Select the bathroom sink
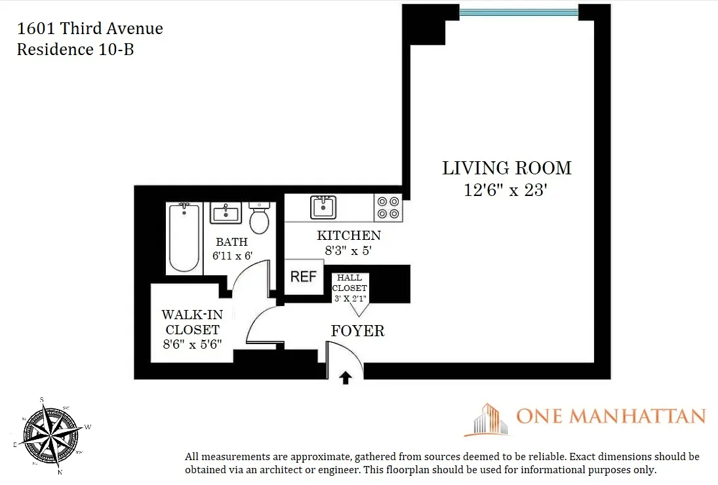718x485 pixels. tap(226, 213)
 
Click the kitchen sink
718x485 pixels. tap(323, 207)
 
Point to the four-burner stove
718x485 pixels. tap(388, 207)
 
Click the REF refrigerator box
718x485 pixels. tap(304, 276)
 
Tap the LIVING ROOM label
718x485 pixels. tap(507, 168)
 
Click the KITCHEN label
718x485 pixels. tap(348, 235)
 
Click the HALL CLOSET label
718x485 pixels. tap(349, 282)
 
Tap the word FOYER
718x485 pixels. tap(357, 331)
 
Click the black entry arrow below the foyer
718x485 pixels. tap(346, 378)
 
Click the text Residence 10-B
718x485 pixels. tap(75, 49)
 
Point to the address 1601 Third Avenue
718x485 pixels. tap(90, 29)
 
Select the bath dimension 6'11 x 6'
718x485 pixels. tap(233, 256)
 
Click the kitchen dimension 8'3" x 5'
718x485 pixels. tap(348, 250)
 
